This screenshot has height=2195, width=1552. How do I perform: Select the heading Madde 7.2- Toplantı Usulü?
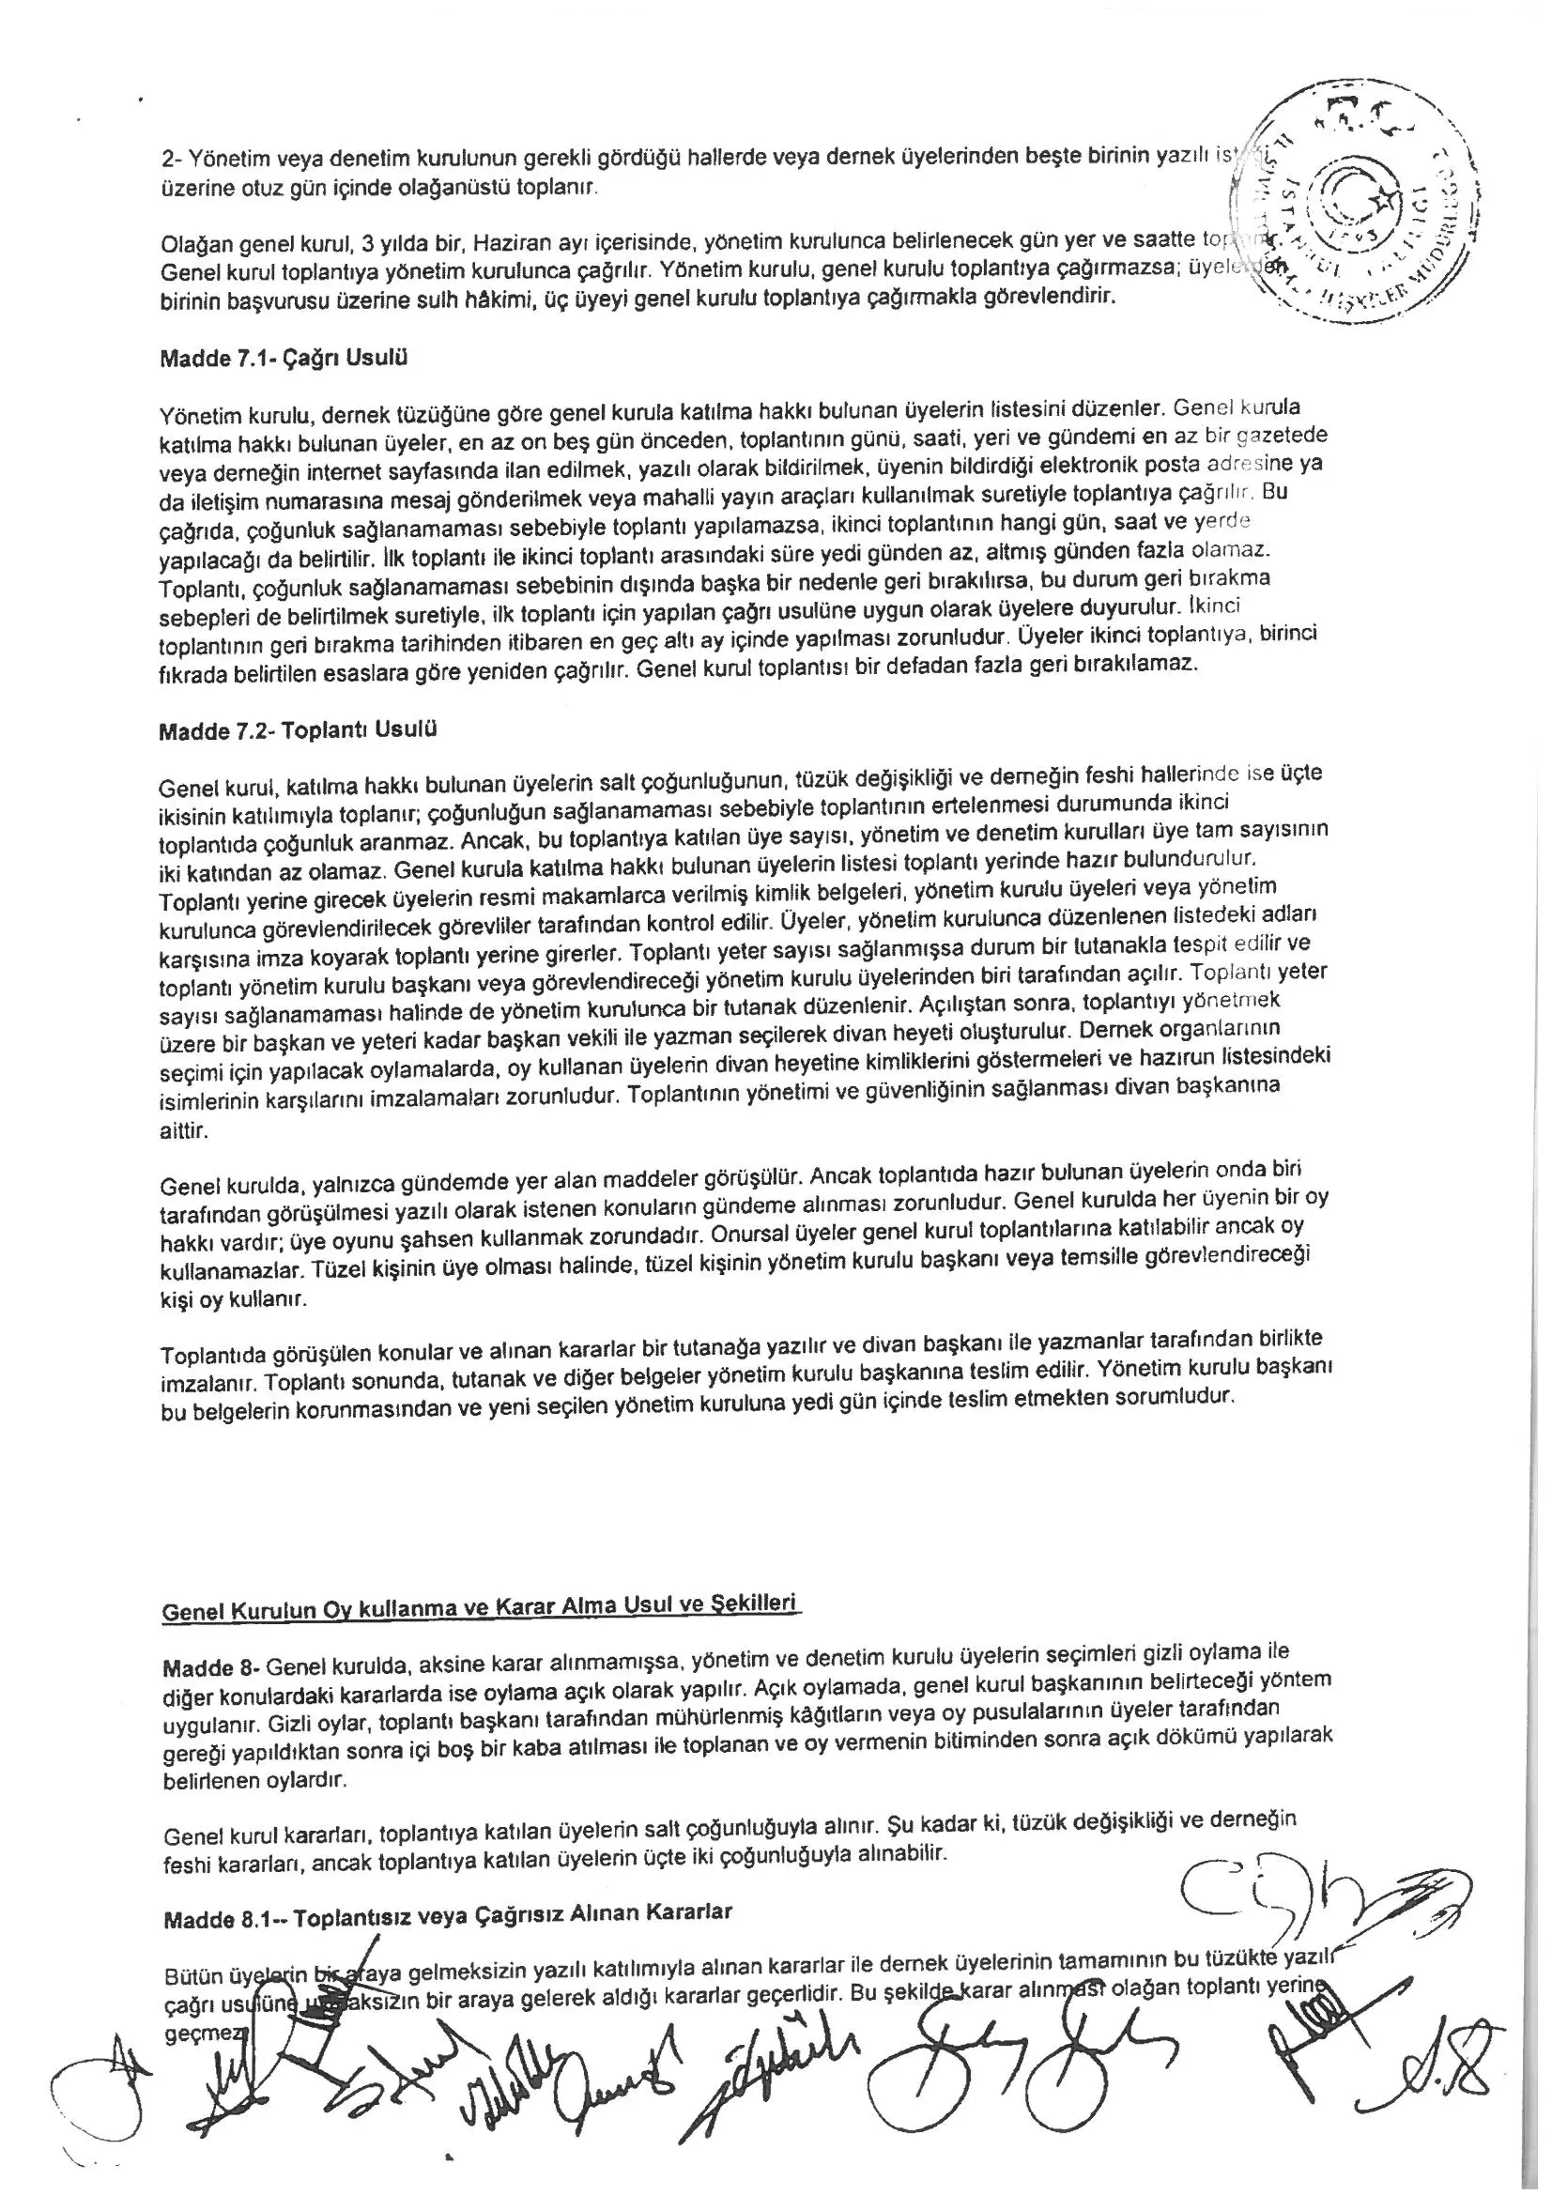pos(298,730)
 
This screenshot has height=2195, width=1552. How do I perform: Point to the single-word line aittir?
pos(183,1130)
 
